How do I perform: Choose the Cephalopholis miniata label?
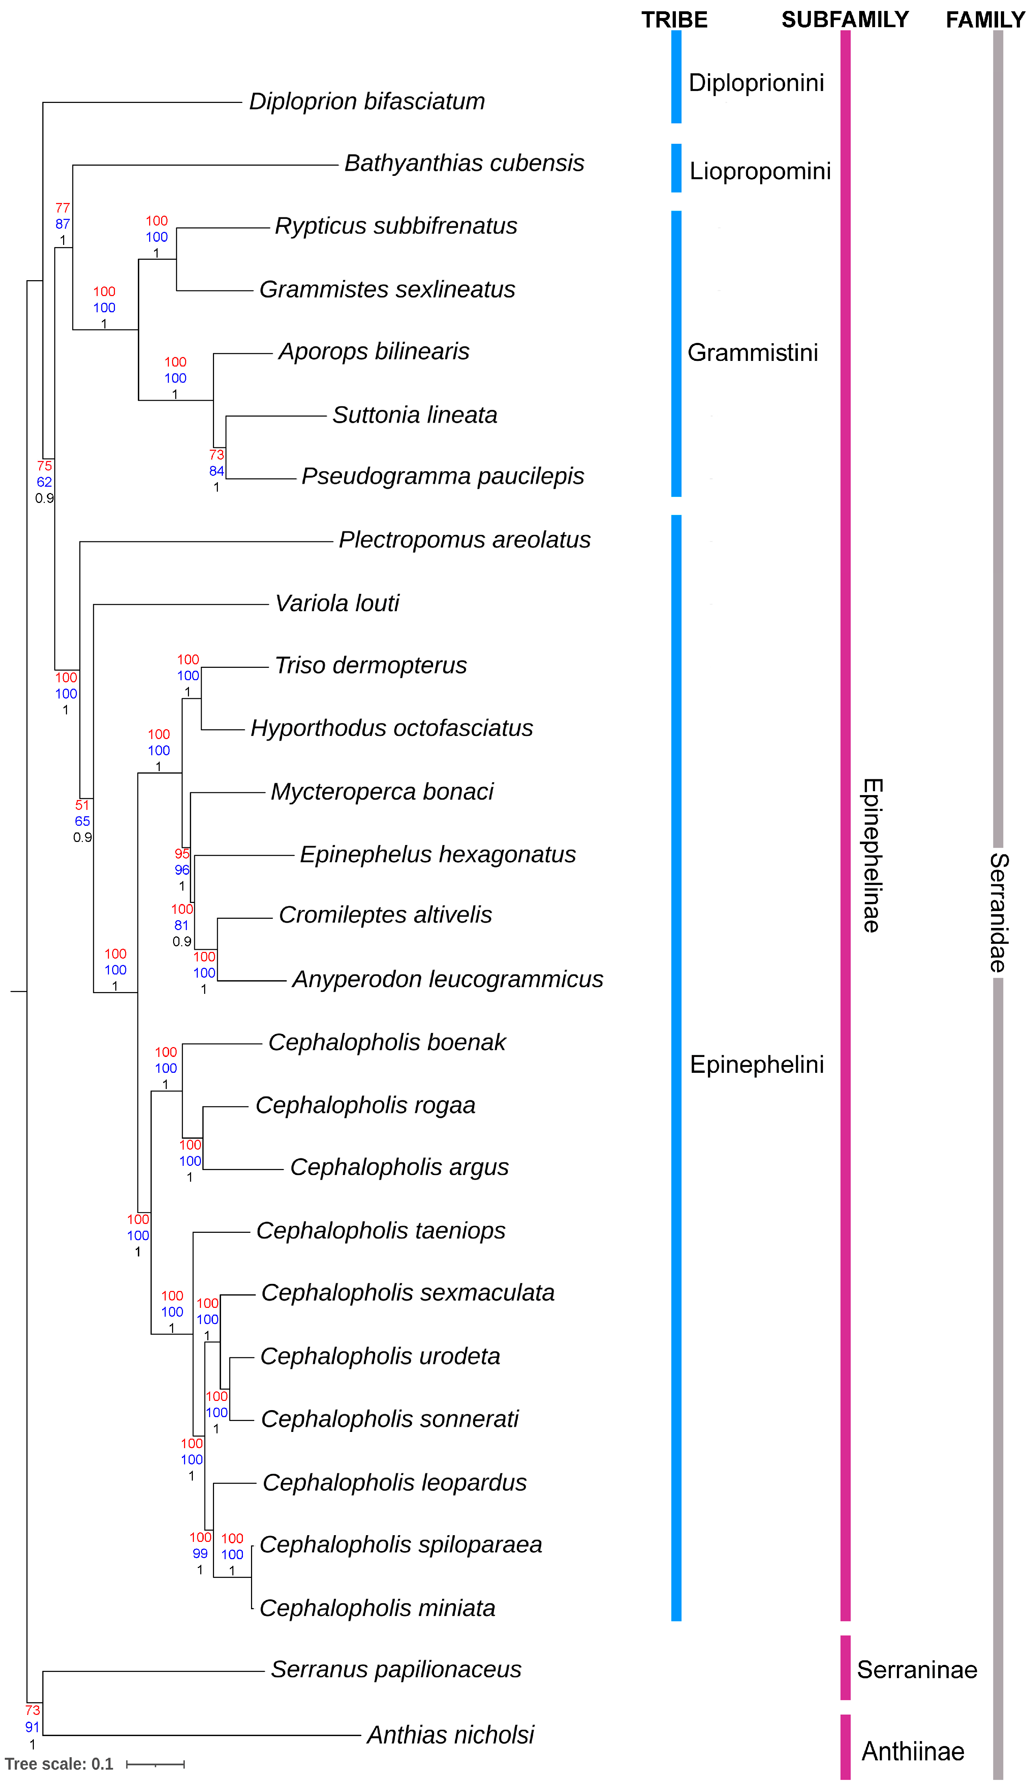pos(378,1608)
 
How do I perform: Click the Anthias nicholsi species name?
pos(450,1735)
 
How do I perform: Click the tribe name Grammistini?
pos(753,352)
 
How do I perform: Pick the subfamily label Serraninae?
pos(917,1670)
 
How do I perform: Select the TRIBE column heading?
pos(674,20)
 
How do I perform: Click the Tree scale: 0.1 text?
pos(59,1765)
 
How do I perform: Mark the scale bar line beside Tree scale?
pos(155,1765)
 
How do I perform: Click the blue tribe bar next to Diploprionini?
pos(676,76)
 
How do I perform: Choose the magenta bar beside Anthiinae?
pos(845,1747)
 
